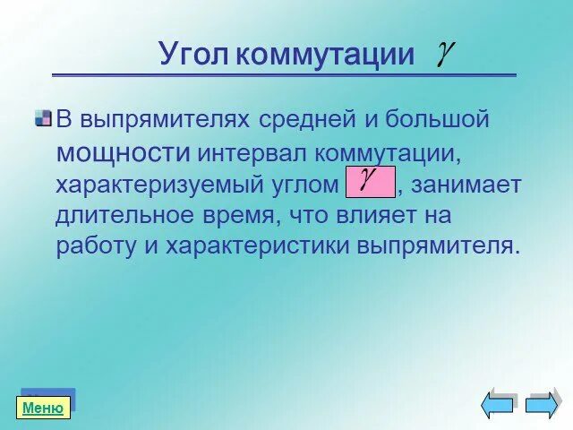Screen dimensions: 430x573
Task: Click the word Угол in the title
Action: click(195, 55)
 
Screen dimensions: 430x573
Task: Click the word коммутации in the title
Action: click(326, 55)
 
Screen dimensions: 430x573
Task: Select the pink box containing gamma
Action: click(370, 181)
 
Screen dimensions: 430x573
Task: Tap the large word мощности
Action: click(124, 151)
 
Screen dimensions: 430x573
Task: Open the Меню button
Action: click(43, 408)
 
